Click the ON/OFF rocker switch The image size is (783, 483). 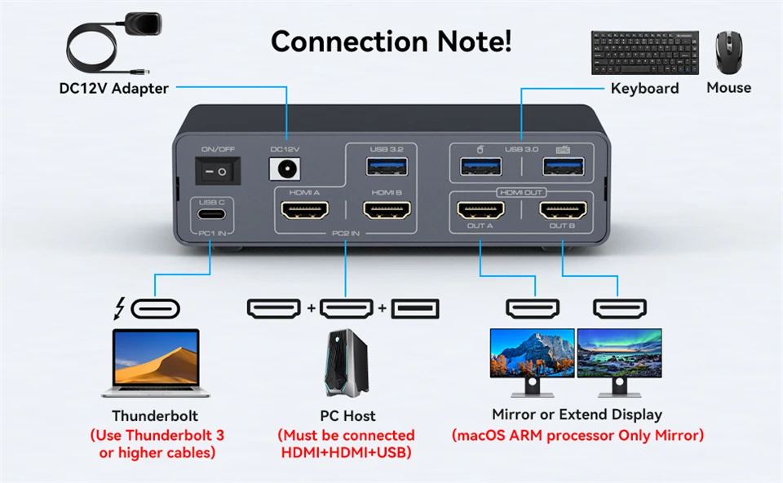(x=219, y=171)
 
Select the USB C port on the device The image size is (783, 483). (x=211, y=217)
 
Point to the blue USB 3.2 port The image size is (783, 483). (x=381, y=167)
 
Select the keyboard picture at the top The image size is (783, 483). (x=644, y=52)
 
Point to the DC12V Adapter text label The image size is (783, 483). (x=114, y=88)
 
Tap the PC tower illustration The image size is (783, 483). (x=347, y=362)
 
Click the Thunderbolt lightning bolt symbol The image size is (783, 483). (x=120, y=309)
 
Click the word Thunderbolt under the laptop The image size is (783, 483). (x=155, y=415)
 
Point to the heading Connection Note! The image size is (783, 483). (x=391, y=41)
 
